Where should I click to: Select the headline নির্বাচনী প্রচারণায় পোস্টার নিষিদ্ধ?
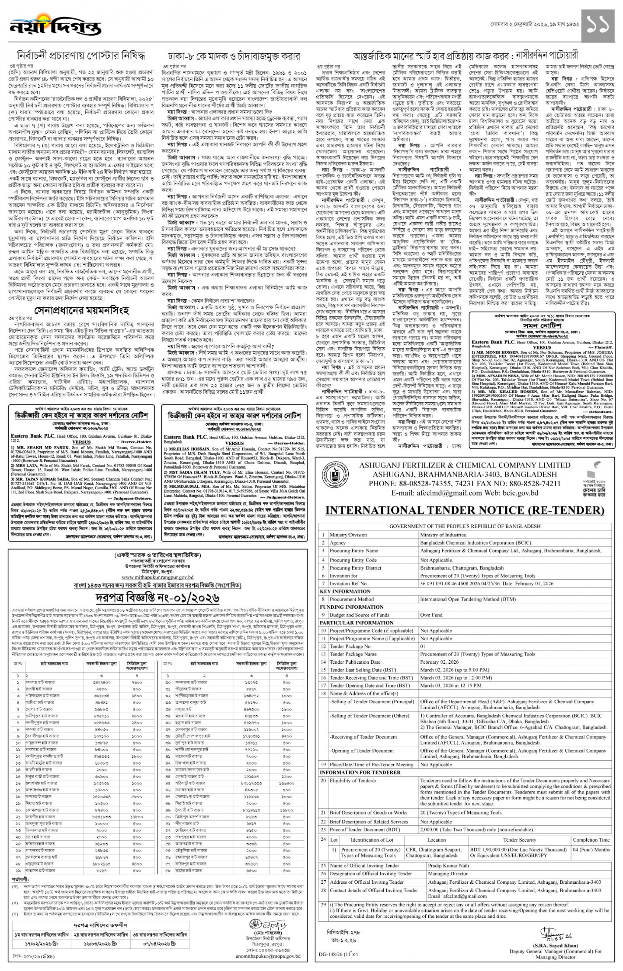click(81, 56)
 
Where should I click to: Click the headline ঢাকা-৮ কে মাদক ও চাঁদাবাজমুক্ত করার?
click(234, 56)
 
